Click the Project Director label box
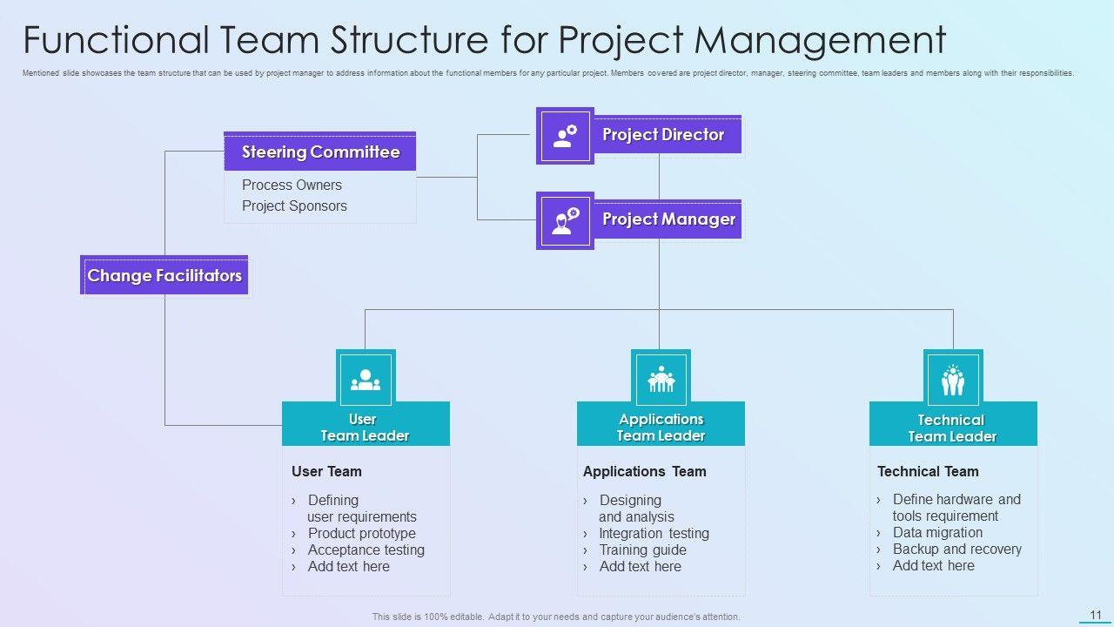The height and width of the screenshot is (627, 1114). point(667,135)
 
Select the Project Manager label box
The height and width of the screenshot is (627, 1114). point(668,219)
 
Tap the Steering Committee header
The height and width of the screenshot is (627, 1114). point(320,152)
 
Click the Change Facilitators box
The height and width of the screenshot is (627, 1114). point(164,275)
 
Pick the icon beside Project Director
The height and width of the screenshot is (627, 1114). point(565,136)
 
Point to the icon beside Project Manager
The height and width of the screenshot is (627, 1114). point(565,220)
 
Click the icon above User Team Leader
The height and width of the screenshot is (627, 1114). point(366,379)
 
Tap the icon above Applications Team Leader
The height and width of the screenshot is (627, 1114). point(661,379)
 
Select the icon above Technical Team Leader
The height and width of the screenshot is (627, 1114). point(953,380)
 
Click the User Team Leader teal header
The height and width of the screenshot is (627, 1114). point(366,427)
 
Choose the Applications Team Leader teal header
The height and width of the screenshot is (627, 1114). point(661,427)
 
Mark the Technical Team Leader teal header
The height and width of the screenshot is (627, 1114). point(953,428)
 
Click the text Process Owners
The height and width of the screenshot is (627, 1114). point(292,185)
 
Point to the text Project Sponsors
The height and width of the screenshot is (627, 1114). point(294,206)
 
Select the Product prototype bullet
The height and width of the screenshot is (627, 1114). point(361,533)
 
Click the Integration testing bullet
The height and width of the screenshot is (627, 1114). point(654,533)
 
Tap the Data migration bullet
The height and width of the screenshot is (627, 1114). point(937,532)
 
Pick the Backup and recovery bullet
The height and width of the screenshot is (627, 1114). point(956,549)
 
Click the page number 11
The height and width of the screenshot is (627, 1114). point(1096,615)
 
